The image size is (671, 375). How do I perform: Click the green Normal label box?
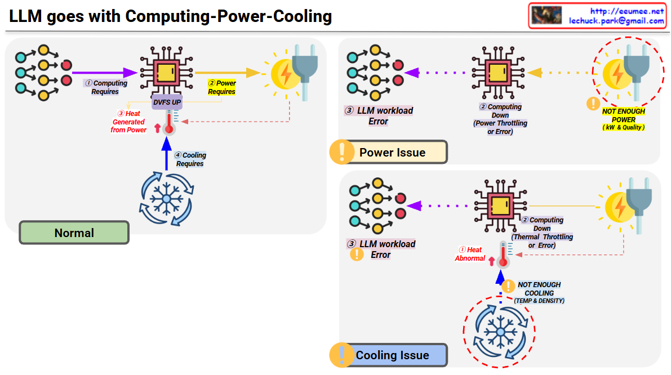click(x=74, y=233)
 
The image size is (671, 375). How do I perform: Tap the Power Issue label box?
click(x=392, y=152)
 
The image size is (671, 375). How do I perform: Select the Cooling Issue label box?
click(x=392, y=355)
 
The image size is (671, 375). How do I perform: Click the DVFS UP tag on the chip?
click(x=167, y=102)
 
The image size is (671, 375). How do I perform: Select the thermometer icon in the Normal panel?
click(x=168, y=122)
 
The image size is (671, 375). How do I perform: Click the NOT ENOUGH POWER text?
click(x=623, y=115)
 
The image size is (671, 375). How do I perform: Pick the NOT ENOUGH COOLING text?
click(x=539, y=289)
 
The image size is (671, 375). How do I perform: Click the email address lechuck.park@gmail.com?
click(x=616, y=21)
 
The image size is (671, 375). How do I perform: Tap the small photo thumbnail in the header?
click(x=546, y=15)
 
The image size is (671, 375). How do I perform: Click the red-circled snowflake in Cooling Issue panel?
click(x=499, y=332)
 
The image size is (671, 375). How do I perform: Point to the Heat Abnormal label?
click(x=470, y=254)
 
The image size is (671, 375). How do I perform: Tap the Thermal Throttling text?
click(x=541, y=237)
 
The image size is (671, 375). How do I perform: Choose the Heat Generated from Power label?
click(x=128, y=122)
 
